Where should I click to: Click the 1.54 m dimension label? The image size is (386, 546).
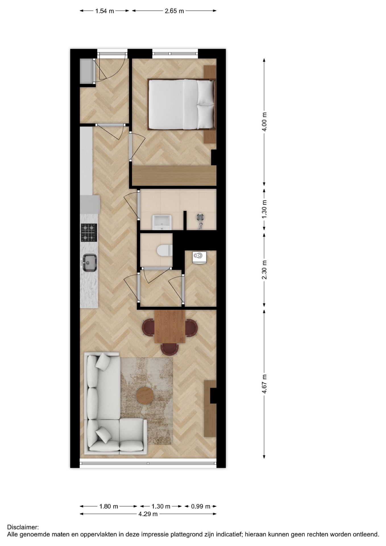(104, 11)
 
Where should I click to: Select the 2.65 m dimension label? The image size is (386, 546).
(174, 11)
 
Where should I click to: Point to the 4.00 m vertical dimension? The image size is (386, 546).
(264, 121)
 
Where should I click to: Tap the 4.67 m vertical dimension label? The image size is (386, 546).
(264, 384)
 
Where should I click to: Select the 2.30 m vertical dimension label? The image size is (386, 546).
(264, 270)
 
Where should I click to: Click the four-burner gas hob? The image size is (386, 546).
(89, 232)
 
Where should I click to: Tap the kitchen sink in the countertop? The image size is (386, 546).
(90, 263)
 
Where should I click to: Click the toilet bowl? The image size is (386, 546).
(165, 251)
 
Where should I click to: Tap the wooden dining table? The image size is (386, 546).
(170, 326)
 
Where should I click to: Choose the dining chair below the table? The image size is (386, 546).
(170, 349)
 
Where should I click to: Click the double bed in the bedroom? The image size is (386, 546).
(181, 104)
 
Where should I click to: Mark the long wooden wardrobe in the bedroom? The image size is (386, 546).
(174, 175)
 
